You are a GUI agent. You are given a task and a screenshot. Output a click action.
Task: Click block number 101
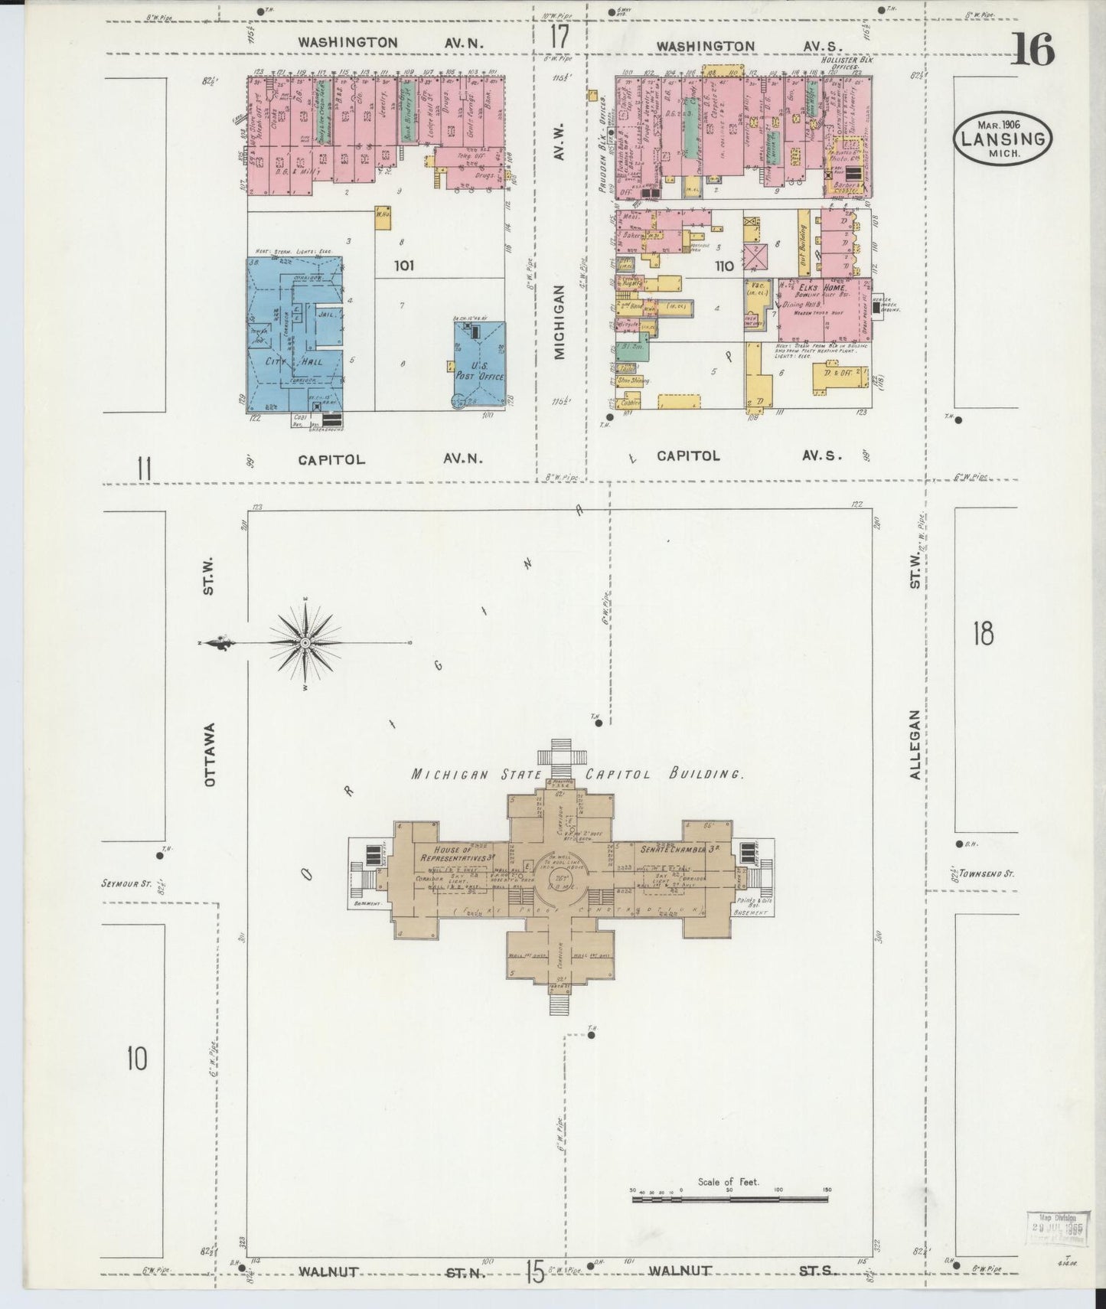point(403,266)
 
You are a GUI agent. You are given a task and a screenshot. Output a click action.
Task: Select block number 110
point(724,266)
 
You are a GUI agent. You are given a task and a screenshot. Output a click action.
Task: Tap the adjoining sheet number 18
point(983,634)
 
